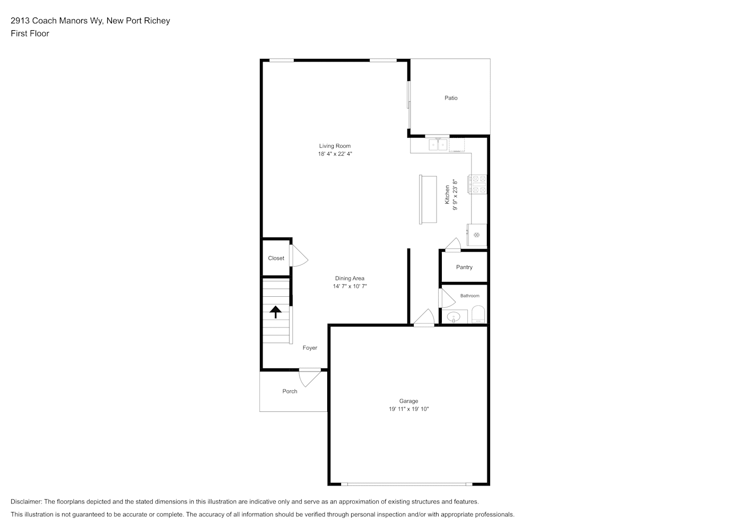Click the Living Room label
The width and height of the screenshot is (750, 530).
[x=335, y=146]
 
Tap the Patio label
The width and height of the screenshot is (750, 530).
[x=451, y=98]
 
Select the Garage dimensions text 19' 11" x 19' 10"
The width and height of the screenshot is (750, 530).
[x=408, y=409]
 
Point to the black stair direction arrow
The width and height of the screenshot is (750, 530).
[x=276, y=312]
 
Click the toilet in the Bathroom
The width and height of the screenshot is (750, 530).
[x=478, y=314]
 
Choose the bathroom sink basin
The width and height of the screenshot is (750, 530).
[x=454, y=316]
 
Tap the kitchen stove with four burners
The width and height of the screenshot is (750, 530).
[x=477, y=184]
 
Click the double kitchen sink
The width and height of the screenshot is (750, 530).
[x=438, y=145]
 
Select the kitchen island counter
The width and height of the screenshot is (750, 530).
[x=428, y=199]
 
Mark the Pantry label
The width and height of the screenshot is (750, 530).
[x=464, y=267]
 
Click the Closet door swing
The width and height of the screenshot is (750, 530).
[x=299, y=256]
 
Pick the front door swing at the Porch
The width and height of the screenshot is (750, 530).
[x=310, y=378]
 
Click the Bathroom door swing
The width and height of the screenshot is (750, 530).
[x=447, y=298]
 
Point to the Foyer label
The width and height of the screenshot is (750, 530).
[x=310, y=348]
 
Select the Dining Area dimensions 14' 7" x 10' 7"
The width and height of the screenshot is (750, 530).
[x=350, y=286]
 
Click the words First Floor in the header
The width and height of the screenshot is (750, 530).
[x=30, y=33]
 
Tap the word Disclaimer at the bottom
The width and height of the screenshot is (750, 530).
[x=26, y=501]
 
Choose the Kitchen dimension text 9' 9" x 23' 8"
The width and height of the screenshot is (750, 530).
[x=455, y=195]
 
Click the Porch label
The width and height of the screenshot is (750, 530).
[x=290, y=391]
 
